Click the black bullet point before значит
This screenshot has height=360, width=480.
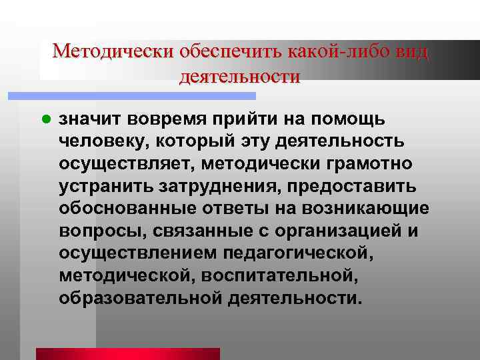[46, 119]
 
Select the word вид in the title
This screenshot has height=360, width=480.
[410, 51]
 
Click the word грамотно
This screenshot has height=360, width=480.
[362, 164]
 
